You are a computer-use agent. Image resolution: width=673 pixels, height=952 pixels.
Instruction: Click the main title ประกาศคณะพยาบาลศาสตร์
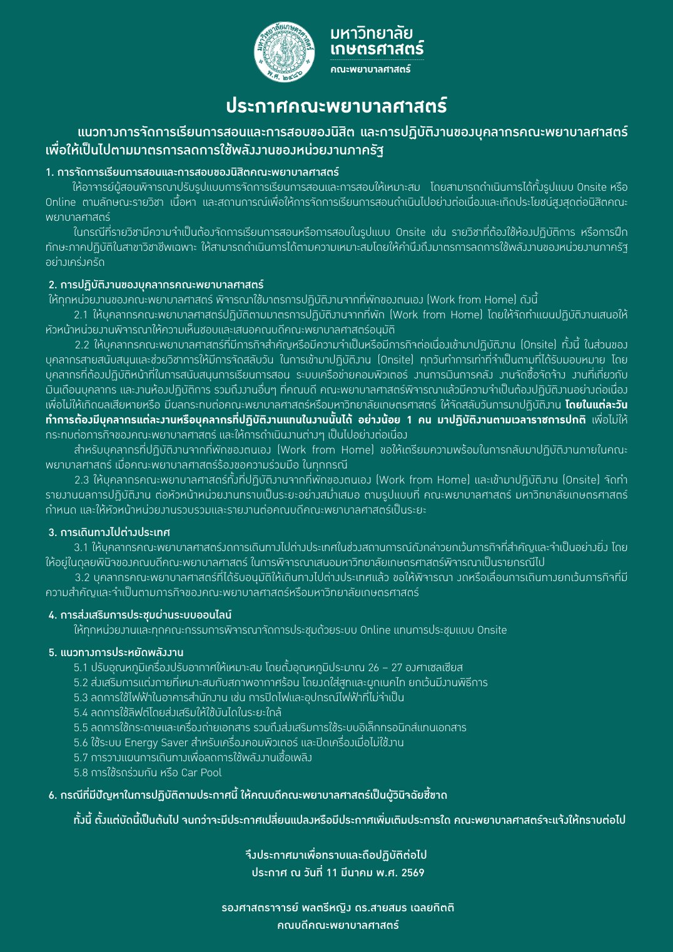(336, 106)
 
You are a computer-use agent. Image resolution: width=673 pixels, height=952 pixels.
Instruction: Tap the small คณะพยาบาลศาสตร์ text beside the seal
(370, 69)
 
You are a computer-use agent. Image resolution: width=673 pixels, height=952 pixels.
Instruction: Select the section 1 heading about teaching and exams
(193, 172)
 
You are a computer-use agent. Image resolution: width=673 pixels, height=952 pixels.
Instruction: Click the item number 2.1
(81, 315)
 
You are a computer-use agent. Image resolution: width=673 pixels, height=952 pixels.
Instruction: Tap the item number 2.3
(81, 480)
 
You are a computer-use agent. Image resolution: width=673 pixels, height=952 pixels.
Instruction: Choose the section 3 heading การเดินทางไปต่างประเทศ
(109, 532)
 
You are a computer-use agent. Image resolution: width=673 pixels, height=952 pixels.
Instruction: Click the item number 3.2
(83, 577)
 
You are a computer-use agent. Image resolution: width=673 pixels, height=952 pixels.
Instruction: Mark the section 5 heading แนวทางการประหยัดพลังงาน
(116, 652)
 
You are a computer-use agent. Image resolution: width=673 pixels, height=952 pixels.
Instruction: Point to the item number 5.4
(81, 712)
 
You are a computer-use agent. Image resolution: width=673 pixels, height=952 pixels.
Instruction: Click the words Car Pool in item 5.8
(201, 772)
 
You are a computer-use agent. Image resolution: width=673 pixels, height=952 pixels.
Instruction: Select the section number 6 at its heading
(52, 796)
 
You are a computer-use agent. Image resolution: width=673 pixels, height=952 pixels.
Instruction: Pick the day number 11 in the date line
(332, 873)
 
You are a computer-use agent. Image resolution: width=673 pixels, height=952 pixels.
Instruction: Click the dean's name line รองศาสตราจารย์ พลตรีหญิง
(338, 908)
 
